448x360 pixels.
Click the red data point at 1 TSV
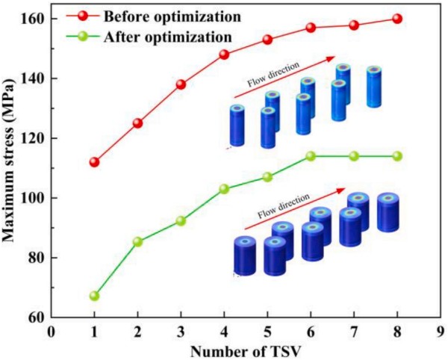pyautogui.click(x=94, y=162)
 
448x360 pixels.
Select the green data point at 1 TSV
pyautogui.click(x=94, y=296)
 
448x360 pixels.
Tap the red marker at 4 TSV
pyautogui.click(x=224, y=55)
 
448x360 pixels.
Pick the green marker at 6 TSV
pyautogui.click(x=311, y=156)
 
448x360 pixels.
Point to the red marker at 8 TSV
pyautogui.click(x=397, y=19)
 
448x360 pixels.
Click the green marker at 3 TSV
pyautogui.click(x=181, y=221)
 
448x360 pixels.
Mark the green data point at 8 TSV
pyautogui.click(x=397, y=156)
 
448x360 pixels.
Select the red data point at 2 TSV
pyautogui.click(x=137, y=123)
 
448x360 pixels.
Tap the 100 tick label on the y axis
pyautogui.click(x=33, y=198)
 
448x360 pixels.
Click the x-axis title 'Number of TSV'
pyautogui.click(x=246, y=349)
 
